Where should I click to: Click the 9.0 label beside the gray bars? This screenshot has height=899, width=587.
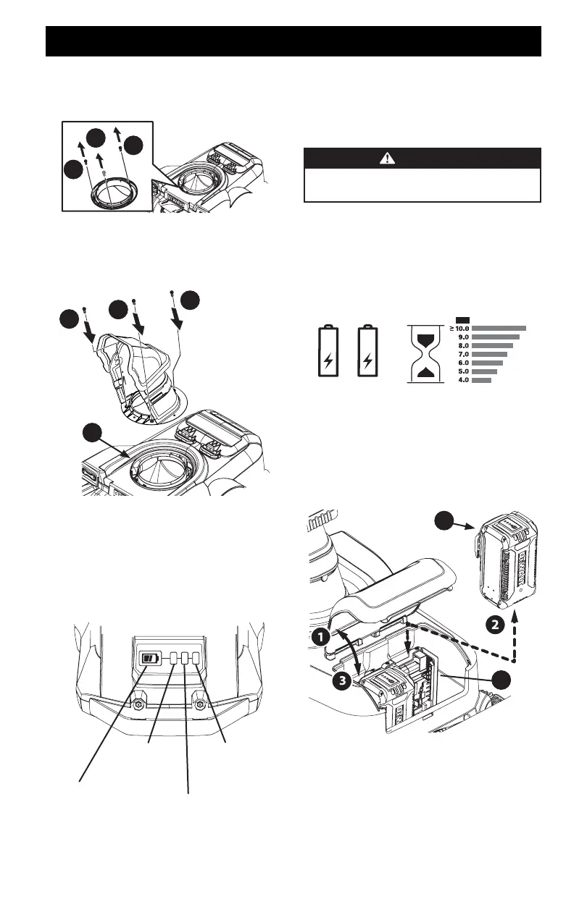coord(462,337)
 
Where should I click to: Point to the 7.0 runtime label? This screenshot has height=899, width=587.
coord(462,354)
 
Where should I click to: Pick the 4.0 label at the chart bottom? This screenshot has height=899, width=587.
coord(462,379)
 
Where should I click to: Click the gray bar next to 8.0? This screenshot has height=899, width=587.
coord(492,346)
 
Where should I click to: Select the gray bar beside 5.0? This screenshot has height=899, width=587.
coord(484,371)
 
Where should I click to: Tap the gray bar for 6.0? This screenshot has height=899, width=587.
coord(487,363)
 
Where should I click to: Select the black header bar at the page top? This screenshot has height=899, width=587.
coord(293,41)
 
